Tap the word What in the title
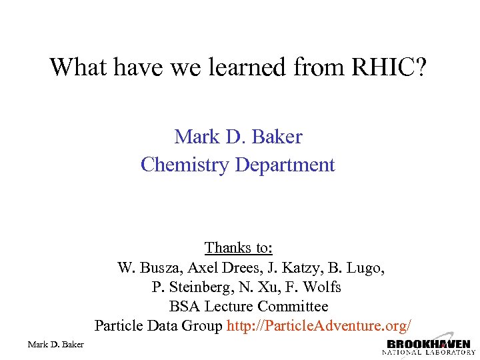click(75, 67)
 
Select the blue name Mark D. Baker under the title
click(238, 137)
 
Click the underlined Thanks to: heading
click(238, 248)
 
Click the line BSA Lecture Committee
click(248, 307)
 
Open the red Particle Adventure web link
click(319, 326)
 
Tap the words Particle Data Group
click(159, 326)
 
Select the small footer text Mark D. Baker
click(55, 344)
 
